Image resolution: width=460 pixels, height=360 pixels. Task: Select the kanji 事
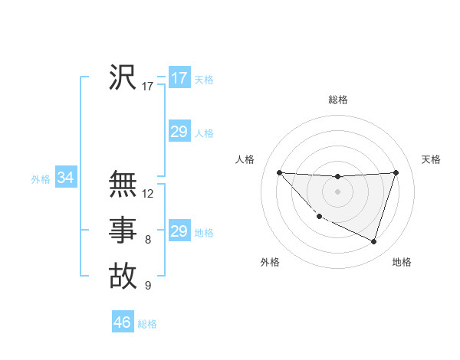(x=123, y=230)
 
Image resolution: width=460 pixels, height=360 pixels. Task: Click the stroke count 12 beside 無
(x=148, y=194)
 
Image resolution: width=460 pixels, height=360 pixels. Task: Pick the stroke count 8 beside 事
(x=148, y=241)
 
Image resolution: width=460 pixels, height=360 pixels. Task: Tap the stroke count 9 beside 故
(x=148, y=286)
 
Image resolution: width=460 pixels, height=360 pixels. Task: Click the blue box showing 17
(x=179, y=78)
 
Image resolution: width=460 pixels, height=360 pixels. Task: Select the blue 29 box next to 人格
(x=179, y=132)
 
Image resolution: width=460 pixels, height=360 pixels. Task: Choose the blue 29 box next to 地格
(x=179, y=231)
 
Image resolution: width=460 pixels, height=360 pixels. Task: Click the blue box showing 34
(x=66, y=178)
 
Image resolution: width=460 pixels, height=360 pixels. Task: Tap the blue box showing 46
(x=123, y=322)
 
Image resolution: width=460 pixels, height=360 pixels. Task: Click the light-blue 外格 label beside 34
(x=41, y=179)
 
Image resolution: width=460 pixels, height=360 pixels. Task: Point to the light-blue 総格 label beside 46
(x=147, y=324)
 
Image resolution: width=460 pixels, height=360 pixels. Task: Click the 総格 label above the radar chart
(x=337, y=100)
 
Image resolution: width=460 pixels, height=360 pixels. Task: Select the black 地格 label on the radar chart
(x=402, y=263)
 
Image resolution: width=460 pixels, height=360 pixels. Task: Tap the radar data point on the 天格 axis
(x=396, y=172)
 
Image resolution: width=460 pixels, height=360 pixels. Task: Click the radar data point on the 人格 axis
(x=279, y=172)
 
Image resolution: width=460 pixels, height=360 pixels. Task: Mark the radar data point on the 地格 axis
(x=373, y=241)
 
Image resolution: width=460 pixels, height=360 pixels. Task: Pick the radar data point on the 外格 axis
(x=319, y=217)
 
